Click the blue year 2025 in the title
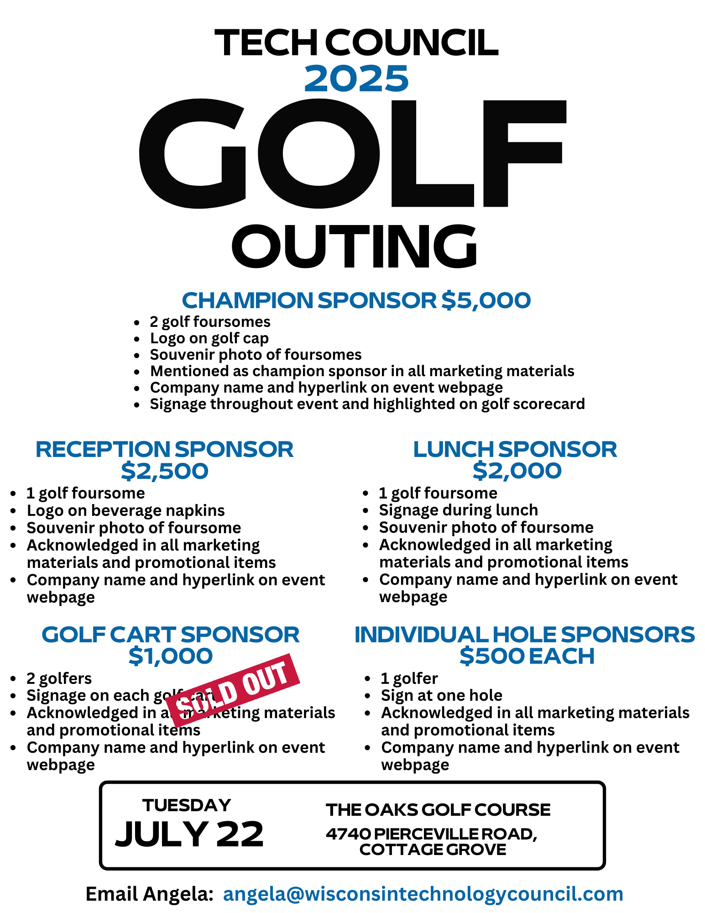tap(356, 79)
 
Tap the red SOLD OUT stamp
tap(233, 690)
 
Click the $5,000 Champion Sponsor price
tap(486, 300)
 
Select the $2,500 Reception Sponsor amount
tap(164, 471)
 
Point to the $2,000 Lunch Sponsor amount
tap(517, 471)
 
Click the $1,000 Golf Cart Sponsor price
tap(170, 656)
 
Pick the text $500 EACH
tap(527, 656)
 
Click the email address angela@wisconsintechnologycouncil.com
tap(423, 894)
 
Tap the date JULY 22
tap(189, 834)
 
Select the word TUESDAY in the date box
tap(187, 805)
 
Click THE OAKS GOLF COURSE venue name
tap(438, 810)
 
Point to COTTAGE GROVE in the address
tap(433, 850)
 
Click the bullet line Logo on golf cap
tap(209, 338)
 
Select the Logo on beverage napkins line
tap(125, 510)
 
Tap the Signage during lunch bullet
tap(458, 510)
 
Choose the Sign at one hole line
tap(441, 695)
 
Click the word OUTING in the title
tap(355, 247)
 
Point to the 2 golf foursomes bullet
tap(210, 322)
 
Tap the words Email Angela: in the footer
tap(150, 894)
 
